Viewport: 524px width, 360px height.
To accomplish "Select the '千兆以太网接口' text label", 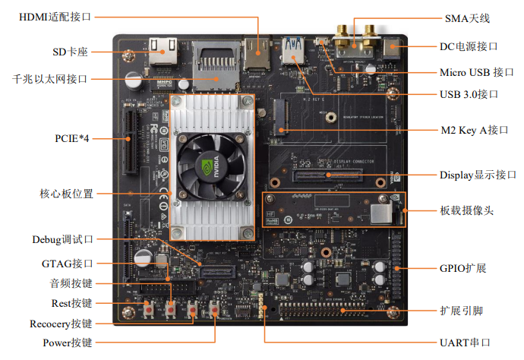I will point(50,78).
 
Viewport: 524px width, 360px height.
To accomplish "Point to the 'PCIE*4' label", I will point(74,139).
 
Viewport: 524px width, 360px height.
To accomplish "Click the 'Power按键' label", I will point(67,343).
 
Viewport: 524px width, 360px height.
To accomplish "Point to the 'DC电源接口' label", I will point(469,46).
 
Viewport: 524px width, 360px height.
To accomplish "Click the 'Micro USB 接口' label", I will point(472,72).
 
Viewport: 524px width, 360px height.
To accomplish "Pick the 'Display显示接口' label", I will point(478,175).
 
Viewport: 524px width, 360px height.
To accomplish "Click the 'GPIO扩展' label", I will point(462,268).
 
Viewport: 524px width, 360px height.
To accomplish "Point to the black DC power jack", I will point(393,50).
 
